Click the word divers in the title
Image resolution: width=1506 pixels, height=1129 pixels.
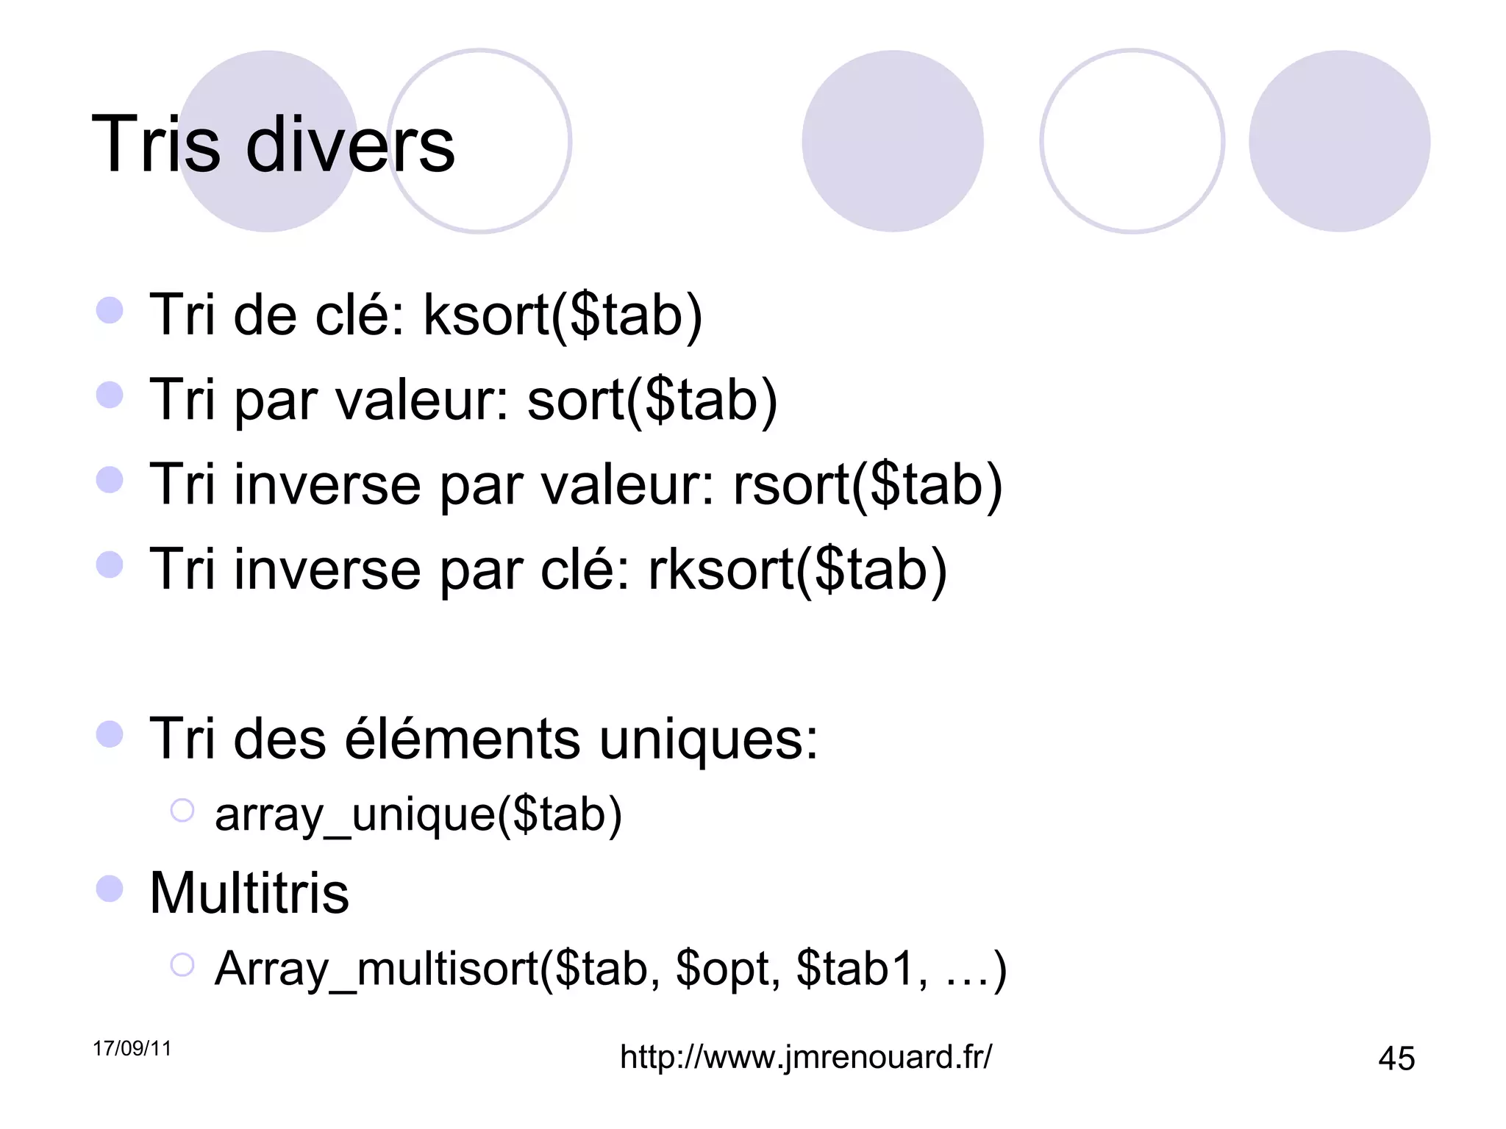click(x=350, y=145)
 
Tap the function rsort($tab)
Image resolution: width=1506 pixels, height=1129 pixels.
click(x=868, y=485)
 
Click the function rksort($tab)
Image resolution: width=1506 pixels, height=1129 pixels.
click(x=797, y=570)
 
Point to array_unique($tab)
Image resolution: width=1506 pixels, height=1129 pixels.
click(x=418, y=815)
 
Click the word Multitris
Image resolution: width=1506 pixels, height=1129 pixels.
click(x=249, y=894)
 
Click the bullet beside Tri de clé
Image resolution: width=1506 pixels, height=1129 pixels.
click(x=110, y=310)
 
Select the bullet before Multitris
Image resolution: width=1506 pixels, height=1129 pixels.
click(x=110, y=889)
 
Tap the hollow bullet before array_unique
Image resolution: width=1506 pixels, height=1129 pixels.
click(x=182, y=811)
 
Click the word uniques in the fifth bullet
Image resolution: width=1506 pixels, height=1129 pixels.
click(x=708, y=739)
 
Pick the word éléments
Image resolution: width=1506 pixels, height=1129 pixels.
click(x=463, y=739)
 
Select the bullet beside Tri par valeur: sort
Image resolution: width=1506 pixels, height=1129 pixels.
click(x=110, y=395)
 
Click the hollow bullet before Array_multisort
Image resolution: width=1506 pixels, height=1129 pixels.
click(x=182, y=964)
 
